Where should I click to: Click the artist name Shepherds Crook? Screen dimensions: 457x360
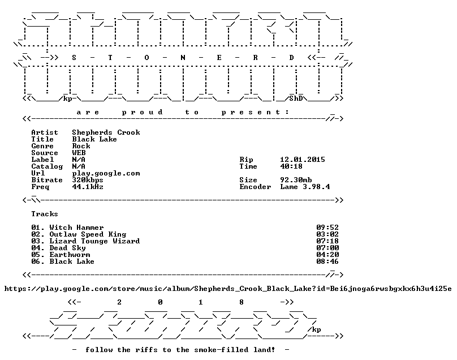pyautogui.click(x=106, y=132)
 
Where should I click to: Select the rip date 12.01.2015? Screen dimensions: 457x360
pyautogui.click(x=303, y=160)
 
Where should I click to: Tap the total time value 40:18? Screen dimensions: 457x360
pyautogui.click(x=291, y=166)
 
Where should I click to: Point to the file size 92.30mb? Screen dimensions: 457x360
pyautogui.click(x=296, y=180)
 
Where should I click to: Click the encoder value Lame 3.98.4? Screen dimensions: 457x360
pyautogui.click(x=305, y=187)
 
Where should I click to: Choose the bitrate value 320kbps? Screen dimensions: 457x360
pyautogui.click(x=88, y=180)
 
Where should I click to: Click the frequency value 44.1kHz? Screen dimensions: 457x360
pyautogui.click(x=88, y=187)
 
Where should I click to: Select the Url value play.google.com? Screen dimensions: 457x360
pyautogui.click(x=106, y=173)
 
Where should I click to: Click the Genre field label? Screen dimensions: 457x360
pyautogui.click(x=42, y=146)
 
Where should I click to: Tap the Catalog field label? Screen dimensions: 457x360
pyautogui.click(x=47, y=166)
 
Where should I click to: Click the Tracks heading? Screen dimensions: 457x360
pyautogui.click(x=45, y=214)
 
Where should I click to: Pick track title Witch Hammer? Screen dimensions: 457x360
pyautogui.click(x=77, y=228)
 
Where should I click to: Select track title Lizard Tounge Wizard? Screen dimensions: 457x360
pyautogui.click(x=94, y=241)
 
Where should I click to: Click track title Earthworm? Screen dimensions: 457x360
pyautogui.click(x=70, y=255)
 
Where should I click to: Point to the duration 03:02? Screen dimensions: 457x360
pyautogui.click(x=327, y=234)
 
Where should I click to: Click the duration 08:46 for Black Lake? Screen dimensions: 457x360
pyautogui.click(x=327, y=262)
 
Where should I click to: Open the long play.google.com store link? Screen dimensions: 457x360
pyautogui.click(x=228, y=289)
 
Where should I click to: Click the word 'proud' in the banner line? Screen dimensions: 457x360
pyautogui.click(x=142, y=112)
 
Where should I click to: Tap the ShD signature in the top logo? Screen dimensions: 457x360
pyautogui.click(x=296, y=98)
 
